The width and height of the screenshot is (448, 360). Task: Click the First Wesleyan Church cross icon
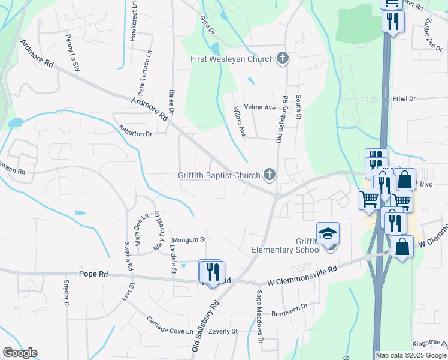(283, 59)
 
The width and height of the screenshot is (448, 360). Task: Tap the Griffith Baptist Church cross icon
(270, 175)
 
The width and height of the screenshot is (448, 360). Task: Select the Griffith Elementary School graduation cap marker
(328, 234)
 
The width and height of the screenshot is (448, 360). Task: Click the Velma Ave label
(262, 107)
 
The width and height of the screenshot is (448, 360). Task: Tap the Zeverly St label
(223, 331)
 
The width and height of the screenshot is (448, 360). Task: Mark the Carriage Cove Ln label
(172, 325)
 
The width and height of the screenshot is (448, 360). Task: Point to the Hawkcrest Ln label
(134, 21)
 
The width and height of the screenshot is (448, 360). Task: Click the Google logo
(20, 353)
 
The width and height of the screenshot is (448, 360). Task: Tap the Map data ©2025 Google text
(411, 355)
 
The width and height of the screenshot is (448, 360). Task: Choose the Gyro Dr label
(204, 24)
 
